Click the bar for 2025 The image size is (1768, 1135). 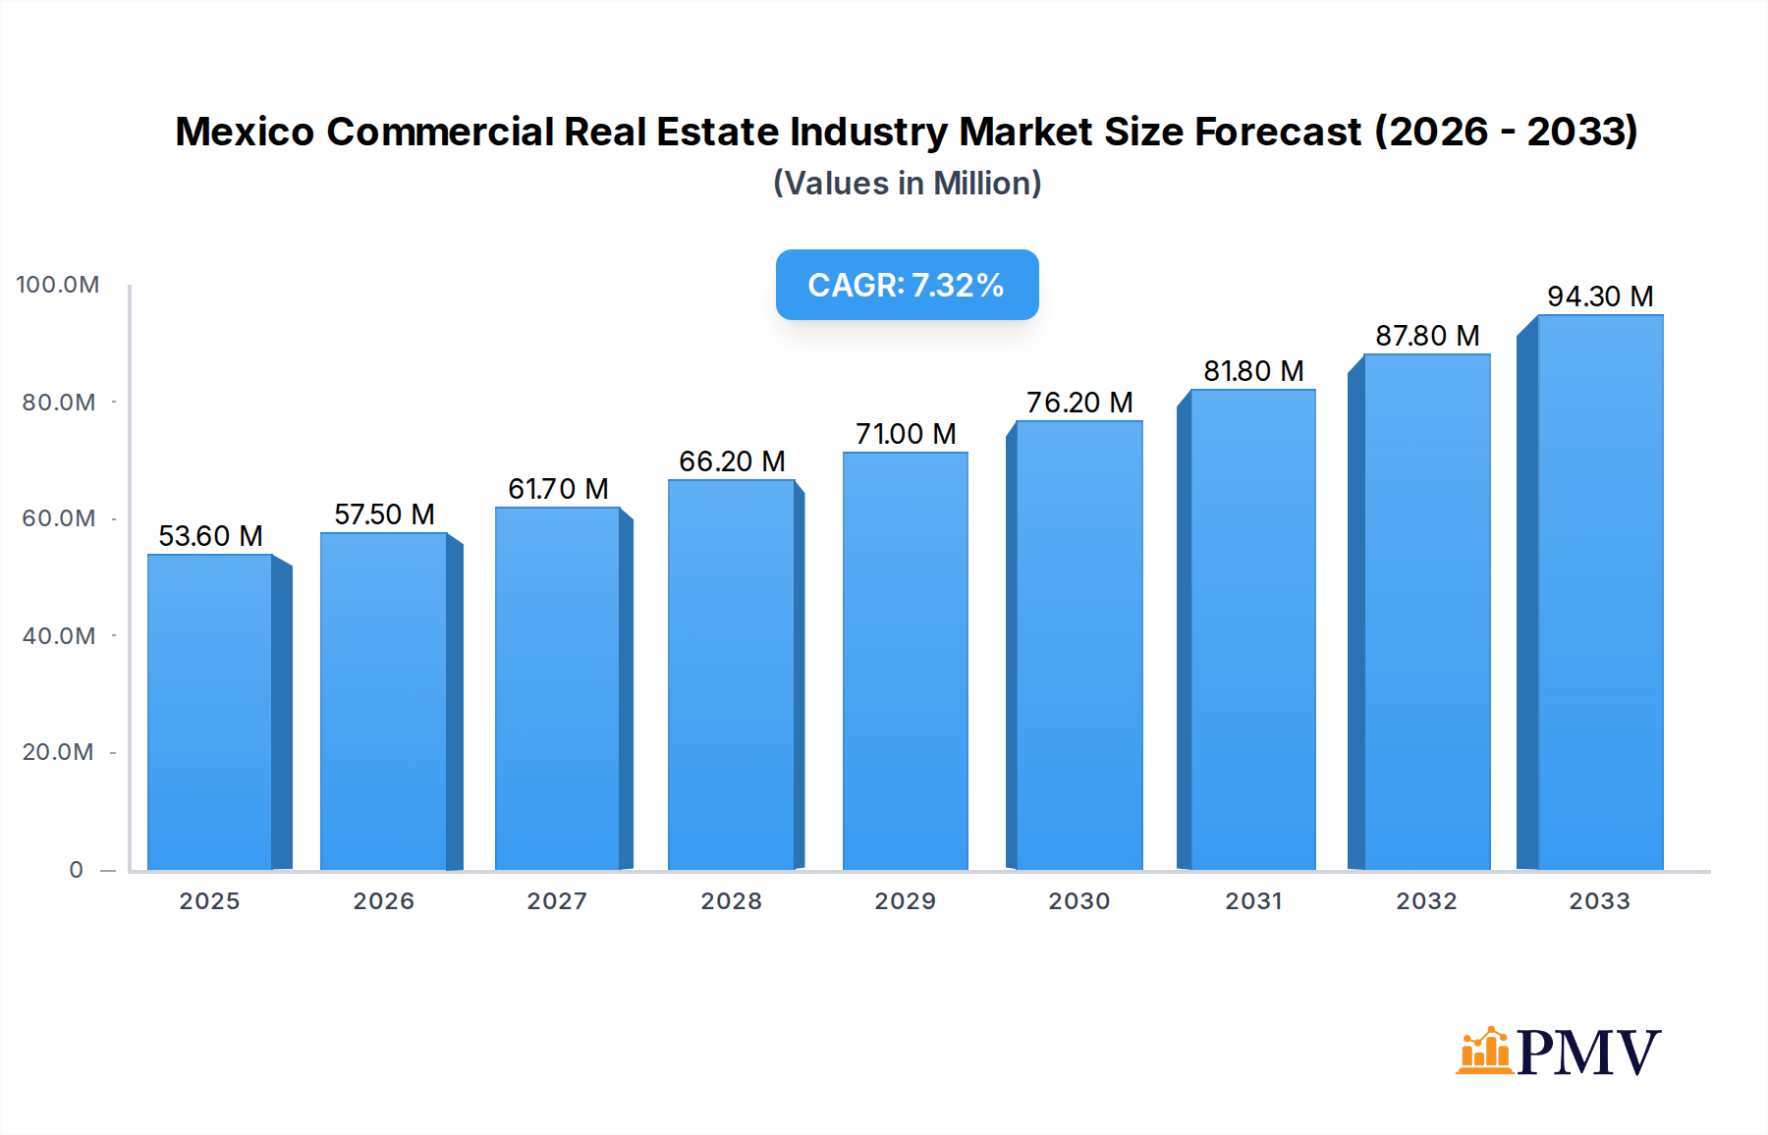[210, 712]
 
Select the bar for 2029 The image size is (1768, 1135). [905, 661]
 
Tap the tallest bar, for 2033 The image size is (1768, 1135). [1599, 592]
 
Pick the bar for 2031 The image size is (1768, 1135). [1252, 629]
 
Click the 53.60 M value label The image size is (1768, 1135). [210, 536]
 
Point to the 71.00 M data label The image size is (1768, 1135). [905, 434]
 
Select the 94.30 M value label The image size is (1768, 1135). [1599, 297]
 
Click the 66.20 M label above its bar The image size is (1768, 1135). [732, 461]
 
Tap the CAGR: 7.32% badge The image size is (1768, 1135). [907, 285]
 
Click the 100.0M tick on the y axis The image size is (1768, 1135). [58, 285]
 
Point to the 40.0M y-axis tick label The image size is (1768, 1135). [58, 636]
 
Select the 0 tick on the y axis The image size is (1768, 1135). [76, 870]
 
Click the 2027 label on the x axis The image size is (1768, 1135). [557, 901]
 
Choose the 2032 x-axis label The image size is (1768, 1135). [1426, 901]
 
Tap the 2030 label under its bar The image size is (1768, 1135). [1078, 901]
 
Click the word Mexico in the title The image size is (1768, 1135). [245, 132]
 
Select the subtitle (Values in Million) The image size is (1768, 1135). [907, 184]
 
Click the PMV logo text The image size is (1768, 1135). [1588, 1053]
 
